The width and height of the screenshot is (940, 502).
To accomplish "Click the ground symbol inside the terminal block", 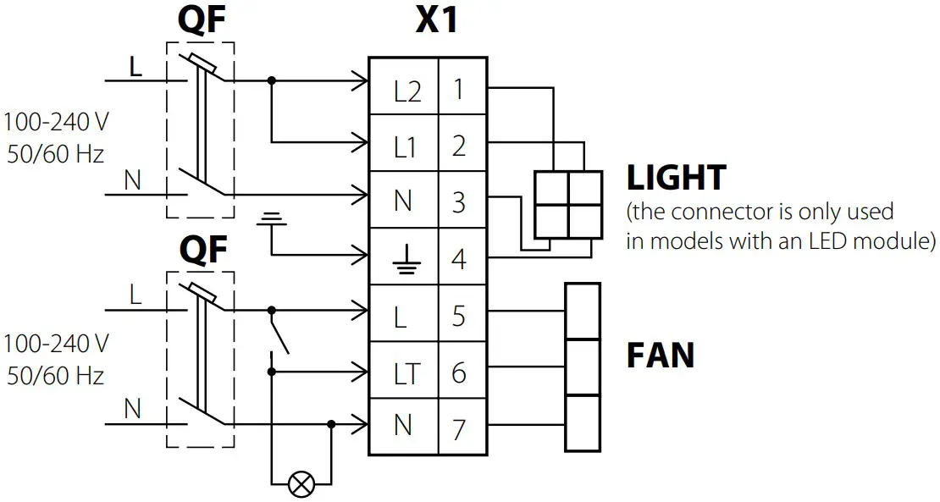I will pyautogui.click(x=404, y=260).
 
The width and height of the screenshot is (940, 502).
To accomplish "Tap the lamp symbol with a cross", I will pyautogui.click(x=300, y=483).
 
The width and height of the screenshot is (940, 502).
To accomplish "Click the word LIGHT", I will pyautogui.click(x=676, y=179).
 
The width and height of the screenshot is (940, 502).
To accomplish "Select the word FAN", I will pyautogui.click(x=660, y=356).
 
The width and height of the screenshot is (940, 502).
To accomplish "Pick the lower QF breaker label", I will pyautogui.click(x=202, y=250).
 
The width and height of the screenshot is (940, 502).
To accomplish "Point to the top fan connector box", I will pyautogui.click(x=583, y=312).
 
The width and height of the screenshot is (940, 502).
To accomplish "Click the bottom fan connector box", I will pyautogui.click(x=583, y=423).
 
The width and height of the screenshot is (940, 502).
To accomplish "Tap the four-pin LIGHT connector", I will pyautogui.click(x=567, y=204).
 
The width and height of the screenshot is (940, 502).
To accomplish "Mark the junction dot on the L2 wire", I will pyautogui.click(x=271, y=81).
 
